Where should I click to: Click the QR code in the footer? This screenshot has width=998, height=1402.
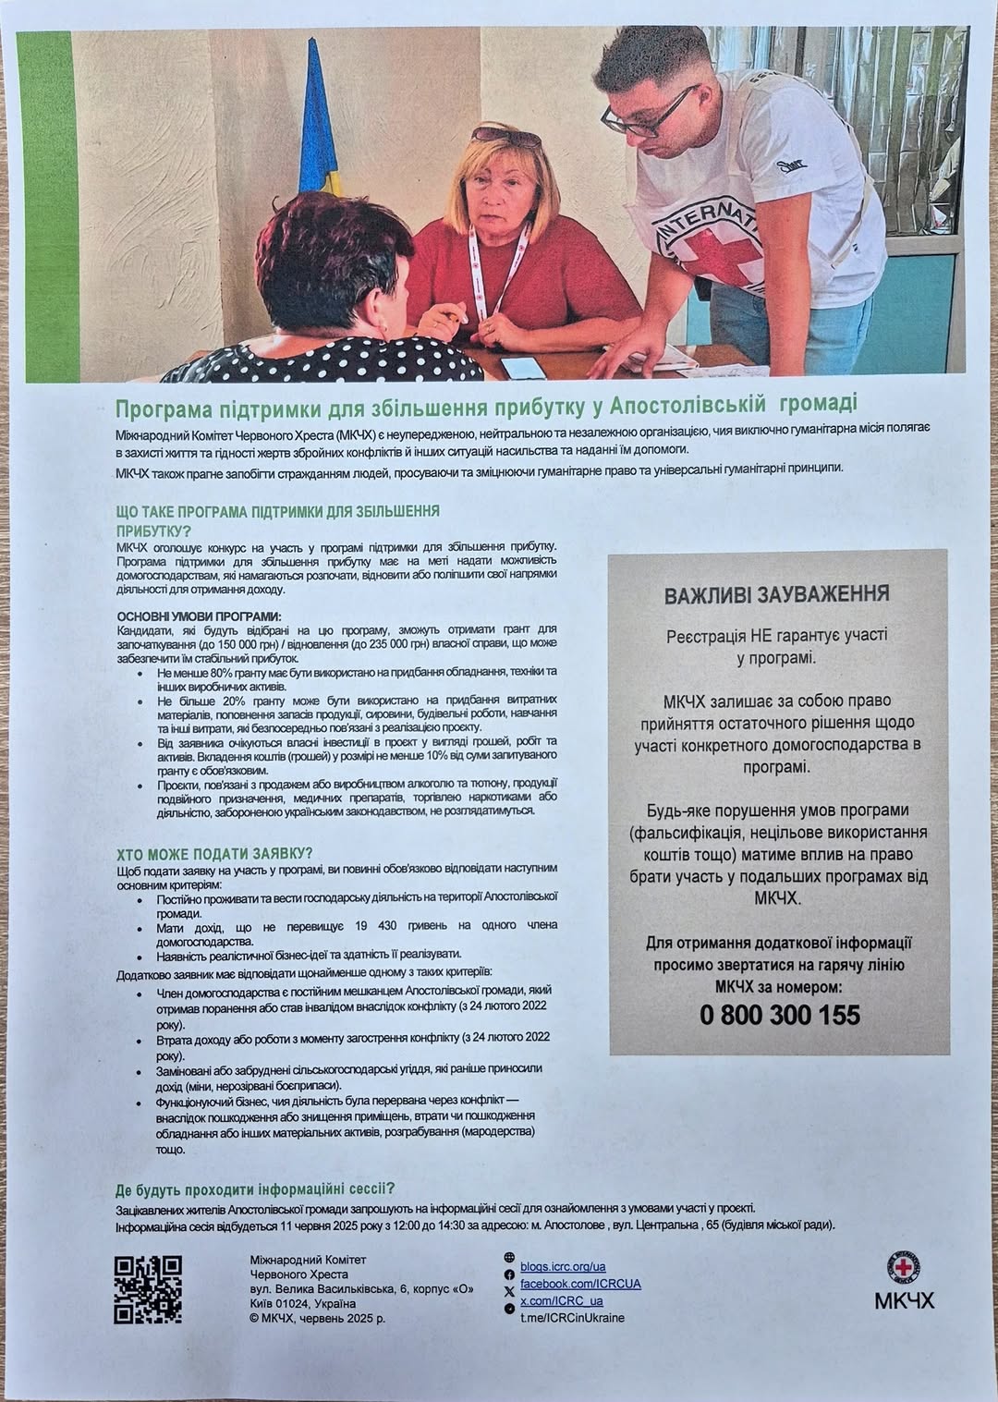click(x=148, y=1289)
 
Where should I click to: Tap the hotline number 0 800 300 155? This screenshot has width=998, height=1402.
click(x=779, y=1015)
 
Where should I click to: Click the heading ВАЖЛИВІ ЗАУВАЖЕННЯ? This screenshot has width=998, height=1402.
click(x=777, y=594)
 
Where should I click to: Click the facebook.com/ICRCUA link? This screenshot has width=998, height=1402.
click(x=580, y=1284)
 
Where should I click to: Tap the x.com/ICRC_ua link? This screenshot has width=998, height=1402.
click(x=562, y=1300)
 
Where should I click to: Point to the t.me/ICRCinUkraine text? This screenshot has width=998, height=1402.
click(x=572, y=1317)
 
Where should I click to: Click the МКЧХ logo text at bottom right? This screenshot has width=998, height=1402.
click(x=904, y=1301)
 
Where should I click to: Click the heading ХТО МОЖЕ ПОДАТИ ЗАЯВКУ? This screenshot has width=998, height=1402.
click(x=214, y=854)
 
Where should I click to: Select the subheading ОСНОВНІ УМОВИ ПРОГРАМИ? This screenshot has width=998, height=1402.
click(x=199, y=616)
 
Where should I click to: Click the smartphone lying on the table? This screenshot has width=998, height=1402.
click(x=523, y=366)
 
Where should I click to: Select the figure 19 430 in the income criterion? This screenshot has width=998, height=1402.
click(x=375, y=925)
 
